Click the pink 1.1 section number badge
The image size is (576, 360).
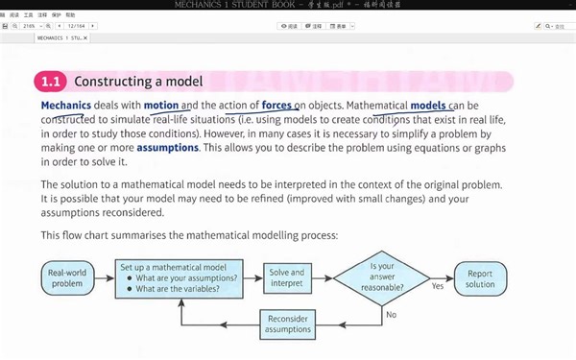click(51, 83)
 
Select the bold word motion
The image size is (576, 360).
click(161, 105)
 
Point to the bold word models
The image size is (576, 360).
click(428, 105)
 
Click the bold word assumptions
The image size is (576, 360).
click(167, 149)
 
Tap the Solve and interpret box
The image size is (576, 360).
click(286, 278)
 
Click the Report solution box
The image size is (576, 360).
click(480, 278)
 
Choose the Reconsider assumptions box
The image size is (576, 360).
click(287, 323)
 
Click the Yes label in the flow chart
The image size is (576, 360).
click(438, 285)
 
